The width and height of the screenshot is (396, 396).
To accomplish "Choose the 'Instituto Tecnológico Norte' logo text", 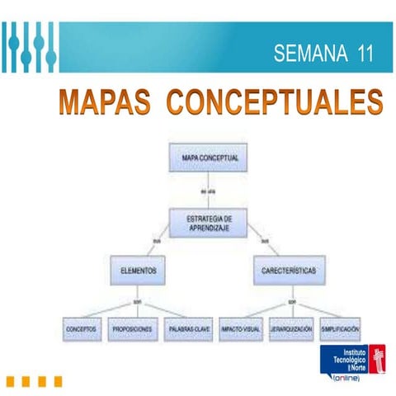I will click(346, 358).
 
